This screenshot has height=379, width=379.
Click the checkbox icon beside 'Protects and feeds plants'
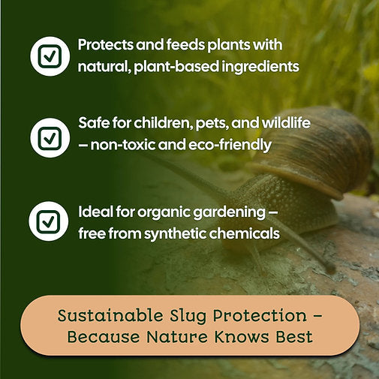[50, 56]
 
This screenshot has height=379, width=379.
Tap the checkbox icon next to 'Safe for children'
[50, 137]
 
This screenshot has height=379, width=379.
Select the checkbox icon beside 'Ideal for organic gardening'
[50, 221]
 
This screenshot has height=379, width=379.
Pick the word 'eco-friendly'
[228, 144]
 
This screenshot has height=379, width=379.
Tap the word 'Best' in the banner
[293, 337]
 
